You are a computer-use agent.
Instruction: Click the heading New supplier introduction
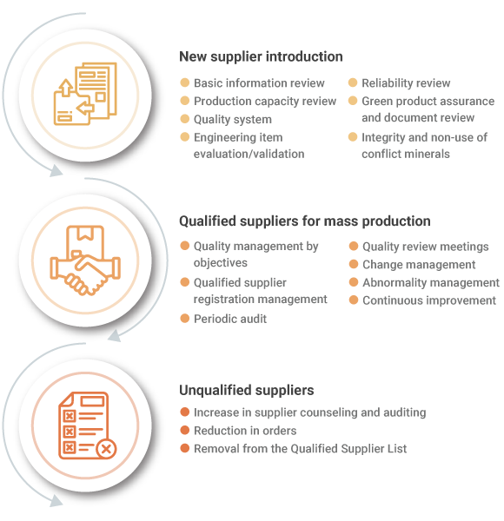[261, 56]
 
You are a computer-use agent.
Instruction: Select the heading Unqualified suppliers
[246, 390]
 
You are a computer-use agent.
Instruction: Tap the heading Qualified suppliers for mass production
[304, 221]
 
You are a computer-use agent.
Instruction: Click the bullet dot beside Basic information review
[184, 82]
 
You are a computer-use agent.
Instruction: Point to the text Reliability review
[406, 82]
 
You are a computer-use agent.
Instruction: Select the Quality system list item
[233, 119]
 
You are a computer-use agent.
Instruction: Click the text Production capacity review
[265, 101]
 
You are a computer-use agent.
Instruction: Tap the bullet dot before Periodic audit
[184, 319]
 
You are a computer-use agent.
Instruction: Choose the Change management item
[419, 265]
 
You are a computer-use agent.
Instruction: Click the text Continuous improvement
[429, 300]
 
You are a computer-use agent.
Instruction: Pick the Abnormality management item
[431, 282]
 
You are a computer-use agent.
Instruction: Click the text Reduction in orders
[245, 431]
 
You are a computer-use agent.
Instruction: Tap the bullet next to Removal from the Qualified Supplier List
[184, 448]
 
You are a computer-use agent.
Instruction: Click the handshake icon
[85, 260]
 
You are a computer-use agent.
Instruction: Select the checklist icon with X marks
[88, 425]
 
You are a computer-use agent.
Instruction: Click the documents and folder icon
[85, 94]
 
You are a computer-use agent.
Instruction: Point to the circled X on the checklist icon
[106, 449]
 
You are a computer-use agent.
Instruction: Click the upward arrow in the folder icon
[66, 87]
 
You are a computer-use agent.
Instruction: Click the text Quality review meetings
[426, 247]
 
